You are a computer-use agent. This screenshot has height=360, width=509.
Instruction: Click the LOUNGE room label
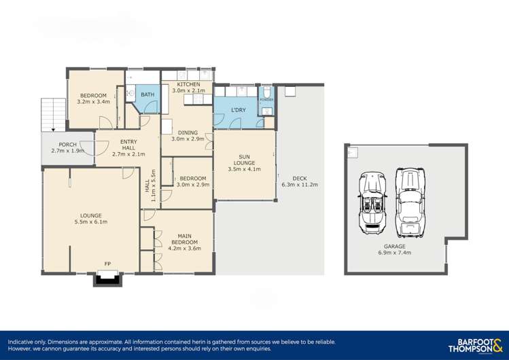coord(91,217)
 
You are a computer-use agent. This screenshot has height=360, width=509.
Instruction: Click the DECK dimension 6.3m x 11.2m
coord(300,184)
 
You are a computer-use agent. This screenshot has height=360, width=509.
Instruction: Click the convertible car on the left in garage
coord(372,201)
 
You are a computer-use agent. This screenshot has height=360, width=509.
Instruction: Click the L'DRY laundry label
coord(238,110)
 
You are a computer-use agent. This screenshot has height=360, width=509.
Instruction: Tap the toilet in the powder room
coord(268,93)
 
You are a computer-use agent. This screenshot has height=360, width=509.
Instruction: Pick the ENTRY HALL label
coord(128,147)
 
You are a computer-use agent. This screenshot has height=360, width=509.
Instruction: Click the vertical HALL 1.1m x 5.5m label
coord(150,185)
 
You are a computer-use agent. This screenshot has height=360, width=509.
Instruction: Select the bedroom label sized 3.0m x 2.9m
coord(192,181)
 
